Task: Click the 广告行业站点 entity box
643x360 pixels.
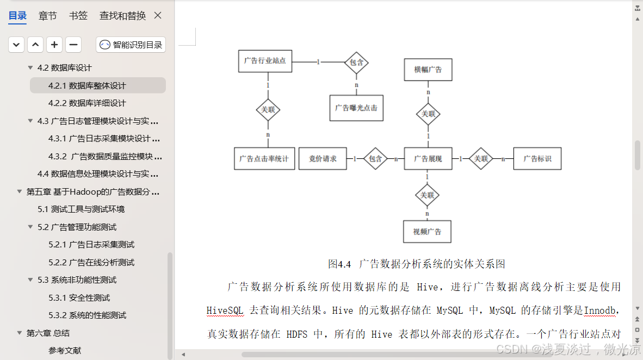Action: (265, 61)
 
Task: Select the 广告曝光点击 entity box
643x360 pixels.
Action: (356, 108)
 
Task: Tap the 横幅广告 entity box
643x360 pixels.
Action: (428, 70)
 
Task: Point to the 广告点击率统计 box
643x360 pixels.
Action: (264, 159)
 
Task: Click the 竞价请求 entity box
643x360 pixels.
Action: (323, 159)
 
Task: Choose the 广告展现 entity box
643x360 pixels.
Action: (428, 159)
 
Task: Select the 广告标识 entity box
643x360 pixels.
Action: (537, 159)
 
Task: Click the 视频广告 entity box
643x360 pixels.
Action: (428, 232)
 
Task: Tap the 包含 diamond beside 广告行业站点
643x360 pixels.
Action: (356, 63)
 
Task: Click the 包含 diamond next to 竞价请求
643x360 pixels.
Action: (375, 159)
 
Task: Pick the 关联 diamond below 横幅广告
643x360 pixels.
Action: (428, 114)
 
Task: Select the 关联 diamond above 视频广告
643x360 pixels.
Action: (428, 195)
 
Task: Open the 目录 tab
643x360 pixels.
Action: (17, 16)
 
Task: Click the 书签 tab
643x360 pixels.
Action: (78, 16)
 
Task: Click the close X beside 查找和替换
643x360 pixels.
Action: (158, 16)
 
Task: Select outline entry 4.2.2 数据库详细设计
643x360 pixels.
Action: (87, 103)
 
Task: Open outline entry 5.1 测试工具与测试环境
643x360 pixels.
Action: (81, 209)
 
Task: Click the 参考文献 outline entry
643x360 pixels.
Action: (65, 351)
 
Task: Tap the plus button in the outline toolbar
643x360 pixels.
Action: (54, 45)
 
